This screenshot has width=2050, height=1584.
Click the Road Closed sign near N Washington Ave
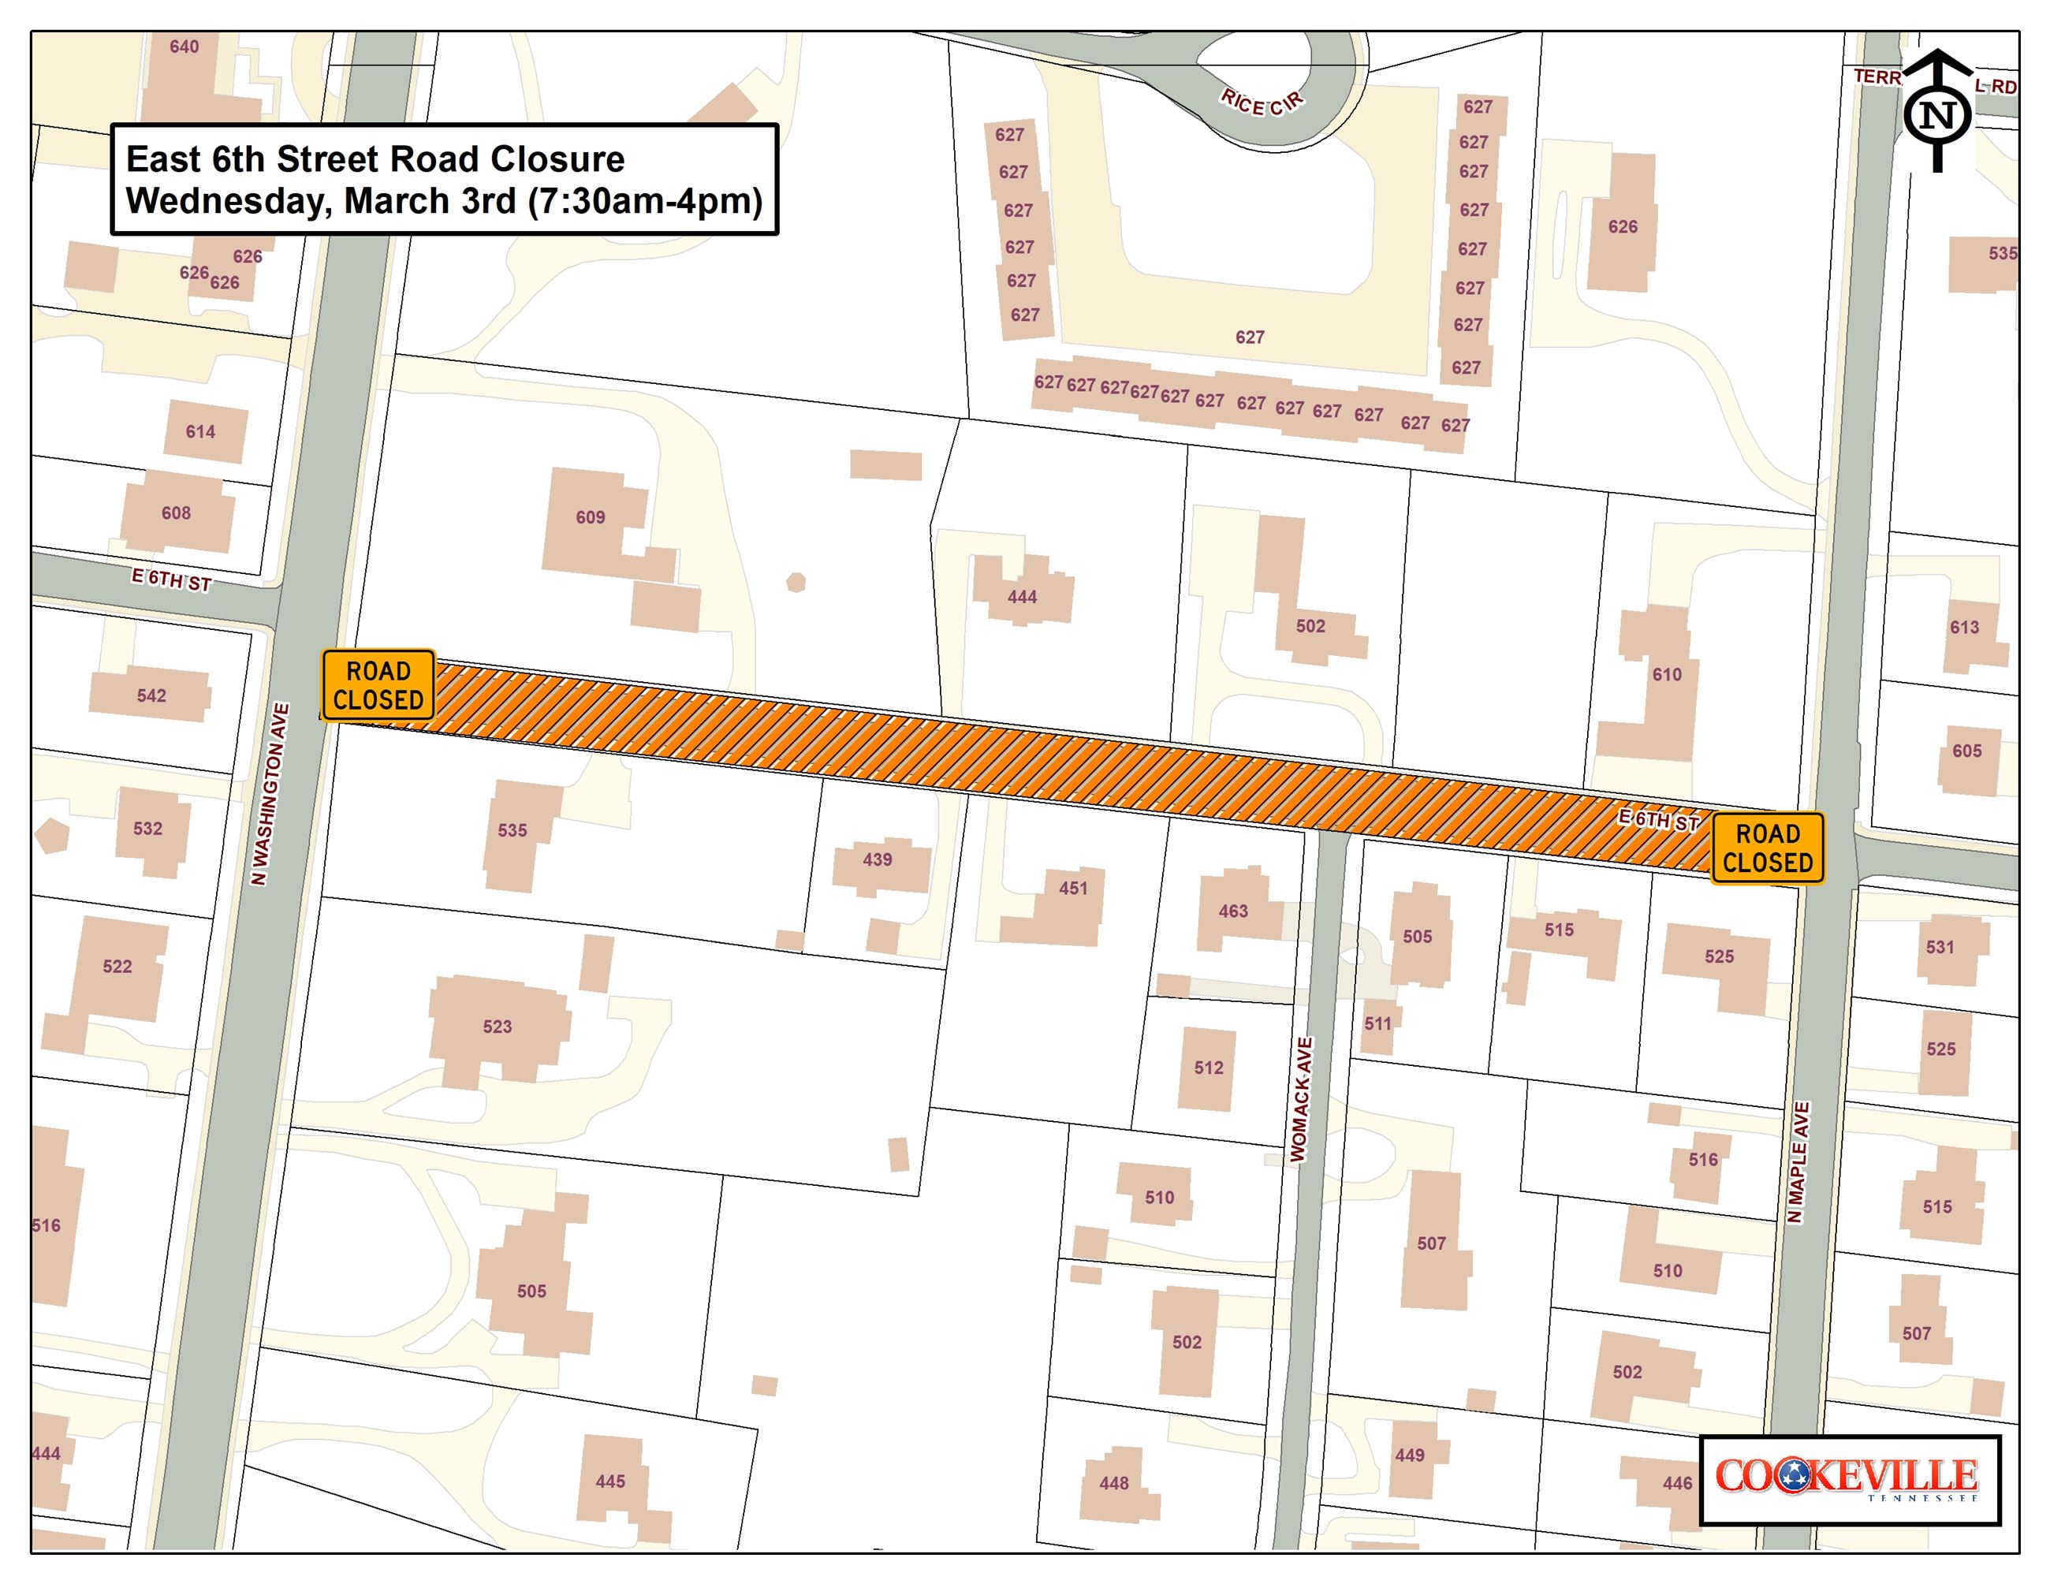click(x=378, y=685)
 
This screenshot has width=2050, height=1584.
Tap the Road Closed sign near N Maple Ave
click(x=1768, y=848)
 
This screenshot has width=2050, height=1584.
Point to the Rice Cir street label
click(x=1262, y=102)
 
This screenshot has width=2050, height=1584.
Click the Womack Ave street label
click(x=1300, y=1100)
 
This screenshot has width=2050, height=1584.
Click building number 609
click(x=591, y=517)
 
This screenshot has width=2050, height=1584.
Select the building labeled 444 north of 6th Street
click(x=1022, y=597)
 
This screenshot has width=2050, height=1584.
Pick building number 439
click(x=878, y=859)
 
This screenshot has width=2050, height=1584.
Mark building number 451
click(x=1073, y=888)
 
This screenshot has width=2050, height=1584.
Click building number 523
click(x=498, y=1027)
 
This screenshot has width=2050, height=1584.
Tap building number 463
click(x=1233, y=911)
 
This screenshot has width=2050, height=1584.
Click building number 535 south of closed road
click(x=512, y=830)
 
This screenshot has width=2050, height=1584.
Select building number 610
click(x=1667, y=675)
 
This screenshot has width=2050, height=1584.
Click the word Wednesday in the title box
click(x=226, y=202)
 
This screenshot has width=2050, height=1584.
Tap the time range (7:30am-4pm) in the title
click(x=646, y=202)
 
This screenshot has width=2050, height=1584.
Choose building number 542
click(x=151, y=695)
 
